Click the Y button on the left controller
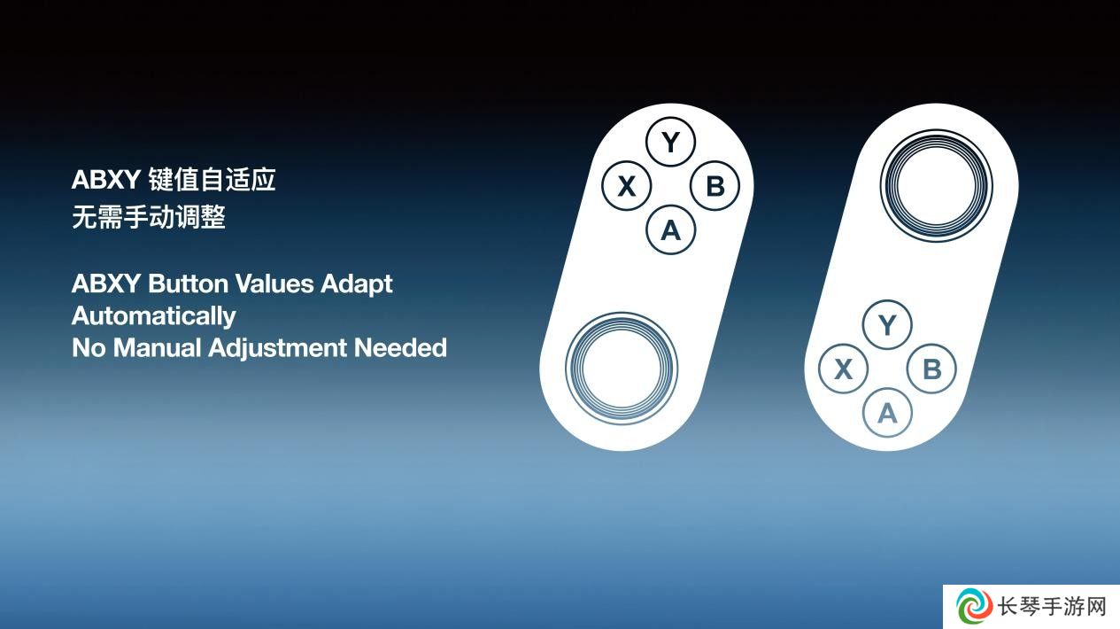point(670,142)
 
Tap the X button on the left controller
point(627,186)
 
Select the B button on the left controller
point(715,186)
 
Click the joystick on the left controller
point(622,369)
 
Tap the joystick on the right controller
point(937,186)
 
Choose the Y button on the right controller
point(887,325)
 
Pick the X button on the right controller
point(844,369)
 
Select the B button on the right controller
point(932,369)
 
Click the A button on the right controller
point(887,413)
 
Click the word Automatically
point(153,317)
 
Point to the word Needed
point(400,348)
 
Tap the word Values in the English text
point(274,283)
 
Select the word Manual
point(157,348)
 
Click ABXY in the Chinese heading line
point(106,180)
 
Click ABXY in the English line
point(106,283)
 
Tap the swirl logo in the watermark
point(974,607)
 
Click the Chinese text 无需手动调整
point(149,217)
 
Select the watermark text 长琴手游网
point(1052,607)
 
